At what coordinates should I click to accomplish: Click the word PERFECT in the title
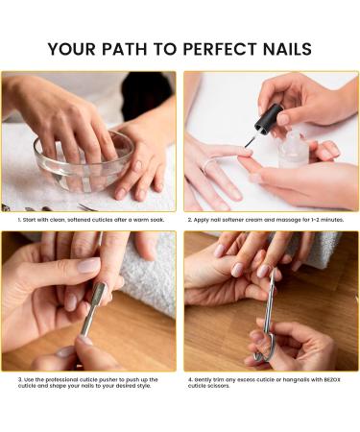pyautogui.click(x=221, y=49)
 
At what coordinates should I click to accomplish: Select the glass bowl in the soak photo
pyautogui.click(x=84, y=161)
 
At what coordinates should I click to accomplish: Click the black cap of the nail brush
pyautogui.click(x=268, y=118)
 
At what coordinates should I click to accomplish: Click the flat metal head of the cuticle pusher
pyautogui.click(x=97, y=294)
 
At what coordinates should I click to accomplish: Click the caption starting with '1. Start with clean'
pyautogui.click(x=91, y=220)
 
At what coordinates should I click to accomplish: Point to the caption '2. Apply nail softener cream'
pyautogui.click(x=266, y=220)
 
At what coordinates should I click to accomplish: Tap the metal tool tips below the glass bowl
pyautogui.click(x=87, y=207)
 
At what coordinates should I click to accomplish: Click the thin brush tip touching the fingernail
pyautogui.click(x=249, y=143)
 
